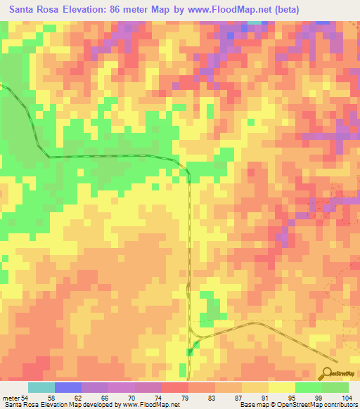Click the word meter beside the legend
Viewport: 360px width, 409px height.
tap(12, 398)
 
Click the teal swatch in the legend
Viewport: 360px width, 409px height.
tap(41, 387)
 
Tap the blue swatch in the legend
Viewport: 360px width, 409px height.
tap(68, 387)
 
